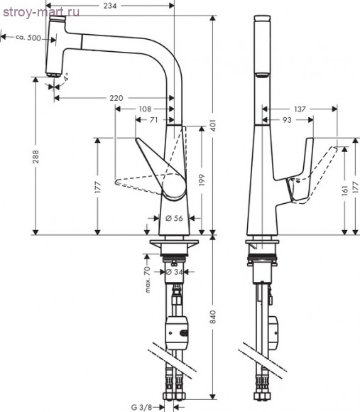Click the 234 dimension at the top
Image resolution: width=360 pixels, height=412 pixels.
(x=110, y=6)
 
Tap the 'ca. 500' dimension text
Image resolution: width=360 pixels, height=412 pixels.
(x=28, y=38)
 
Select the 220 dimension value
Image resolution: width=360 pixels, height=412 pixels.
(x=116, y=98)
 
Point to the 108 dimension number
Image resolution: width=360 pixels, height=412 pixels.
(x=145, y=109)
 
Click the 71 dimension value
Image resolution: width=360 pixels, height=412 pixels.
(x=154, y=120)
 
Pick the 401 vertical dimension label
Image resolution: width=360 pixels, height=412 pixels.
(x=213, y=126)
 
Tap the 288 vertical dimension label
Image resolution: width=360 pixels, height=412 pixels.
(x=36, y=156)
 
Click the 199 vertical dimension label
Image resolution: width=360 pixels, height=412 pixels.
(x=202, y=180)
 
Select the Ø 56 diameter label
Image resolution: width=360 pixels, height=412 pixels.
(x=175, y=218)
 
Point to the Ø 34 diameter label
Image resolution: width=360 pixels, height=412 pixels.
(x=175, y=272)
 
